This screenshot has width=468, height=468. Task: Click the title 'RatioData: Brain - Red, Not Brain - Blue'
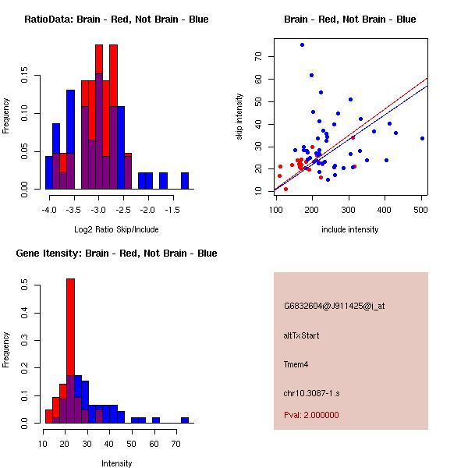point(116,19)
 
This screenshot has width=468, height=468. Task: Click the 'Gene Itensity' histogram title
point(116,253)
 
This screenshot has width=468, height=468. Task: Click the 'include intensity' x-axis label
point(350,229)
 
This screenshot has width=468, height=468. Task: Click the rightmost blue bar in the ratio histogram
point(185,181)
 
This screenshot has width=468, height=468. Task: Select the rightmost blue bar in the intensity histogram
point(185,420)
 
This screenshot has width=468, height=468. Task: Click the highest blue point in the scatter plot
point(302,45)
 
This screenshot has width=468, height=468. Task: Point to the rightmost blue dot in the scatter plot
point(422,138)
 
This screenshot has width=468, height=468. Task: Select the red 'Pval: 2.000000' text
point(311,415)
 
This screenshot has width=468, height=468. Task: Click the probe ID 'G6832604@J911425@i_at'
point(334,306)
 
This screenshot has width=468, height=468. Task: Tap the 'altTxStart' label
point(302,335)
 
